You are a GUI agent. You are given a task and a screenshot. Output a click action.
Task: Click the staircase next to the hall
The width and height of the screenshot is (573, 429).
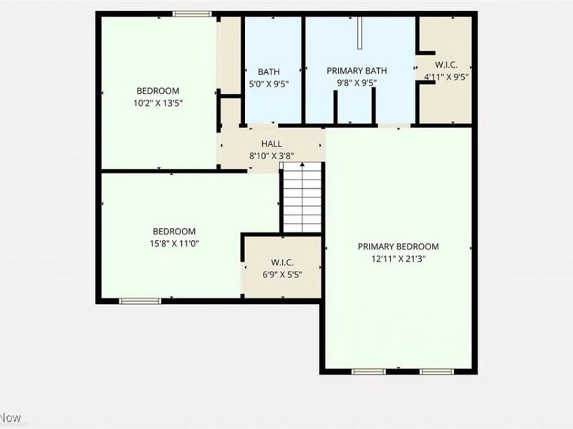(302, 198)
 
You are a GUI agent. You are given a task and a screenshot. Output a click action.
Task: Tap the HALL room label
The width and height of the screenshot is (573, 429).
(271, 144)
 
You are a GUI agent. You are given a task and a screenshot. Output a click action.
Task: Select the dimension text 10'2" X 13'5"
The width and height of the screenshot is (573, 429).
(158, 103)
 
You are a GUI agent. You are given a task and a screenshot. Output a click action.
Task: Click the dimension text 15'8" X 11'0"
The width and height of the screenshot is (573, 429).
(174, 243)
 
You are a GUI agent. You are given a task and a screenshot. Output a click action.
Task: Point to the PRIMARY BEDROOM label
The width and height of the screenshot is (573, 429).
(398, 247)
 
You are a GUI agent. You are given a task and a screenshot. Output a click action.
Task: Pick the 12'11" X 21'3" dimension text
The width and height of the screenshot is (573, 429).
(398, 259)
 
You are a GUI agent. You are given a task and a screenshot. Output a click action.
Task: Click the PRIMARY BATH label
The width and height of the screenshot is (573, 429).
(357, 71)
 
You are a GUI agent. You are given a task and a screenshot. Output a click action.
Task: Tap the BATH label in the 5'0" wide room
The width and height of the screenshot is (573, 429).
(269, 71)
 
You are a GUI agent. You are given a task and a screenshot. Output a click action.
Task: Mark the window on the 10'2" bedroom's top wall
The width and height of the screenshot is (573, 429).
(192, 14)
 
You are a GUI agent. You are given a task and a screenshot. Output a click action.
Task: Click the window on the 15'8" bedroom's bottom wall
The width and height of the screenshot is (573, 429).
(140, 301)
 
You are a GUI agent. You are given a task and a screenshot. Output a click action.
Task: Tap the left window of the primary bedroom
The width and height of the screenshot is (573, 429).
(368, 372)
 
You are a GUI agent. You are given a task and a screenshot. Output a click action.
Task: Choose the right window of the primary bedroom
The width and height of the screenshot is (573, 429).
(437, 372)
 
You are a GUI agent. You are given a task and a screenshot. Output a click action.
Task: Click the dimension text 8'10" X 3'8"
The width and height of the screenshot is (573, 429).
(271, 155)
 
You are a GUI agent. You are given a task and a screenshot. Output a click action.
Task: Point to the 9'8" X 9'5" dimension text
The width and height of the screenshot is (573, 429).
(357, 83)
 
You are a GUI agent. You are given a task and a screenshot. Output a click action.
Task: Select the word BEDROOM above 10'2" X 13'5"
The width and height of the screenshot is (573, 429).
(158, 91)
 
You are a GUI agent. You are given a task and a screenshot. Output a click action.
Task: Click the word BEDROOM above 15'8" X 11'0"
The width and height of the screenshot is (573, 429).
(174, 231)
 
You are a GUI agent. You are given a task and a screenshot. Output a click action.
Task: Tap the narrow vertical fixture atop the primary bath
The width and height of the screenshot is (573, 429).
(360, 33)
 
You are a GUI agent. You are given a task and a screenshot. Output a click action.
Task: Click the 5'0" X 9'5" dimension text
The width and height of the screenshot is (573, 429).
(269, 83)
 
